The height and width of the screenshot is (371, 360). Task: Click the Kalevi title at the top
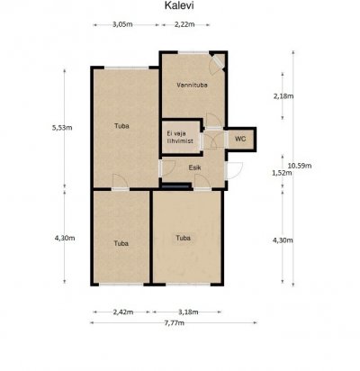pyautogui.click(x=179, y=5)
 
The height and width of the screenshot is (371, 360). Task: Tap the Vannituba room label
pyautogui.click(x=192, y=85)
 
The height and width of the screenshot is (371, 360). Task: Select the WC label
pyautogui.click(x=240, y=139)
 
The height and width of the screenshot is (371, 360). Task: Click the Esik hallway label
pyautogui.click(x=194, y=167)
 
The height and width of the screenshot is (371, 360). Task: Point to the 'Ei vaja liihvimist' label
pyautogui.click(x=180, y=138)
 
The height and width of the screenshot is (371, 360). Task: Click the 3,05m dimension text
pyautogui.click(x=122, y=24)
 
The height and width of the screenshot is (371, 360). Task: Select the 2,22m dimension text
pyautogui.click(x=184, y=24)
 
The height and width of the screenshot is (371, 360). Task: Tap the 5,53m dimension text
pyautogui.click(x=62, y=128)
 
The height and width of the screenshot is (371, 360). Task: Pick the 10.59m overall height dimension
pyautogui.click(x=300, y=166)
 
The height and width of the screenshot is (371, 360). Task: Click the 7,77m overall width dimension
pyautogui.click(x=174, y=323)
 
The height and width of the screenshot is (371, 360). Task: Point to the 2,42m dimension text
pyautogui.click(x=123, y=312)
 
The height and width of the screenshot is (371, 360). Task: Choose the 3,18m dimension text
pyautogui.click(x=188, y=312)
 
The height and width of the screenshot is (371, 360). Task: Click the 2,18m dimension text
pyautogui.click(x=283, y=96)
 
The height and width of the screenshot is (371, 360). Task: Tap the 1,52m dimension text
pyautogui.click(x=282, y=173)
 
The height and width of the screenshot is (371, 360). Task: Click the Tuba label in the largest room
pyautogui.click(x=121, y=126)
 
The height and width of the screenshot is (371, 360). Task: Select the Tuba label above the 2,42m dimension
pyautogui.click(x=121, y=243)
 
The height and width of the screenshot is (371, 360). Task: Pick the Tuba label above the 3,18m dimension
pyautogui.click(x=183, y=238)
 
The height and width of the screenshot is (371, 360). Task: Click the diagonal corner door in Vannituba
pyautogui.click(x=217, y=62)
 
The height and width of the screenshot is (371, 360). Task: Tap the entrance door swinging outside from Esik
pyautogui.click(x=234, y=171)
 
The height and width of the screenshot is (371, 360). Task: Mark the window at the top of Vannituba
pyautogui.click(x=193, y=53)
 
